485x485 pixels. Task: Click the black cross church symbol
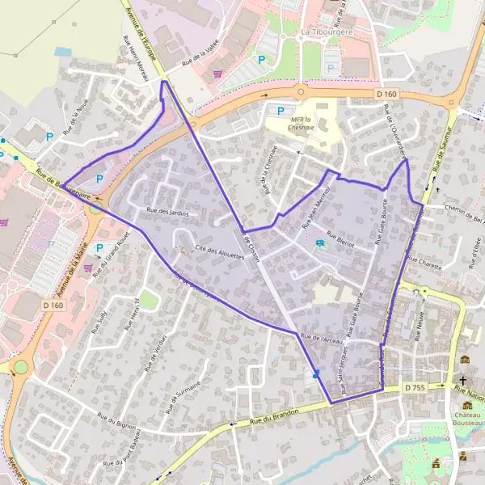click(463, 380)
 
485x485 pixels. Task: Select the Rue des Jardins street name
click(167, 212)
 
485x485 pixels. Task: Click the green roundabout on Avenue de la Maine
click(19, 367)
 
